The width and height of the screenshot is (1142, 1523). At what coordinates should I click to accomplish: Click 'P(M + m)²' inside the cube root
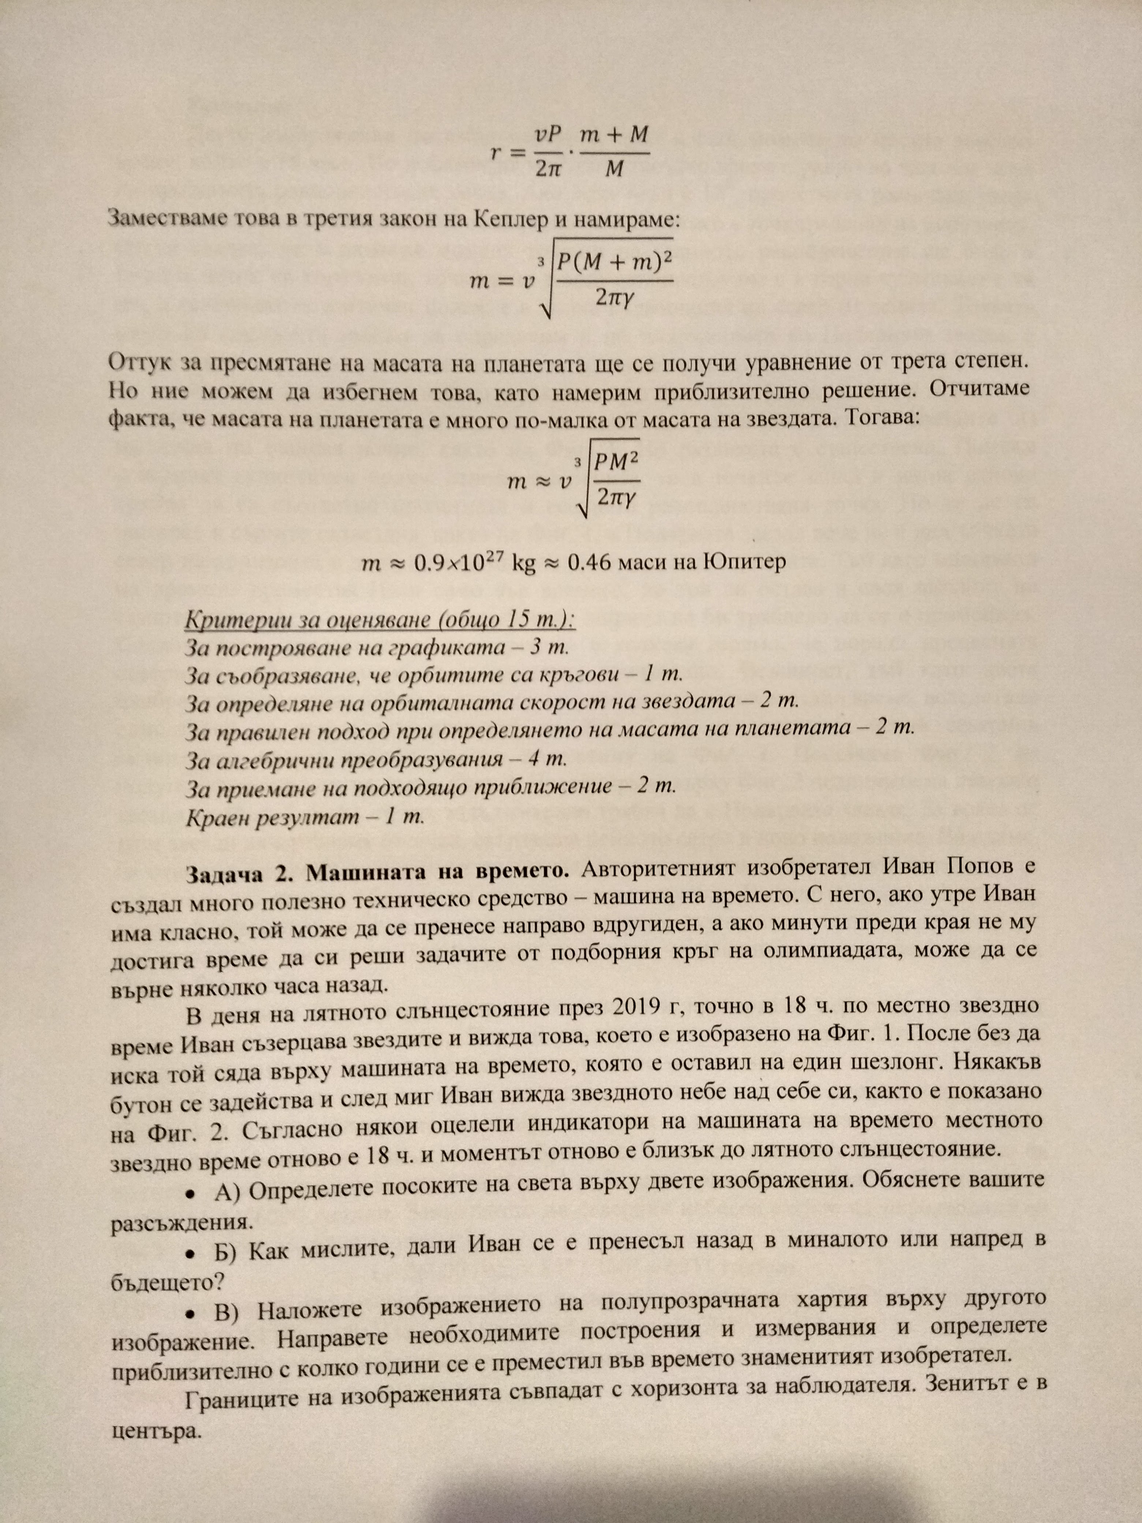pos(614,262)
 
